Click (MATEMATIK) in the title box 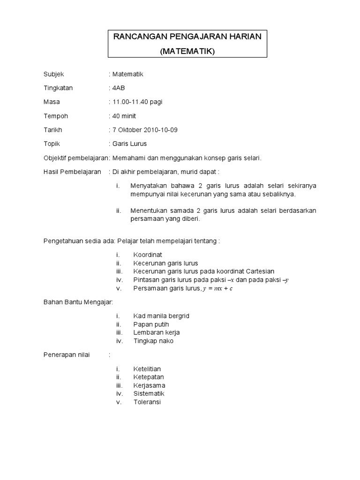coord(187,52)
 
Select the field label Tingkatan coord(58,88)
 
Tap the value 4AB coord(118,88)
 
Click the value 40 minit coord(124,116)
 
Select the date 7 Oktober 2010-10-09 coord(145,130)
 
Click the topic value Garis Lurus coord(129,144)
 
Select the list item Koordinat coord(148,255)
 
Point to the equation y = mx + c coord(217,288)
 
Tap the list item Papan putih coord(151,324)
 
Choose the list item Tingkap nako coord(153,341)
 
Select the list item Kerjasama coord(149,385)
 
